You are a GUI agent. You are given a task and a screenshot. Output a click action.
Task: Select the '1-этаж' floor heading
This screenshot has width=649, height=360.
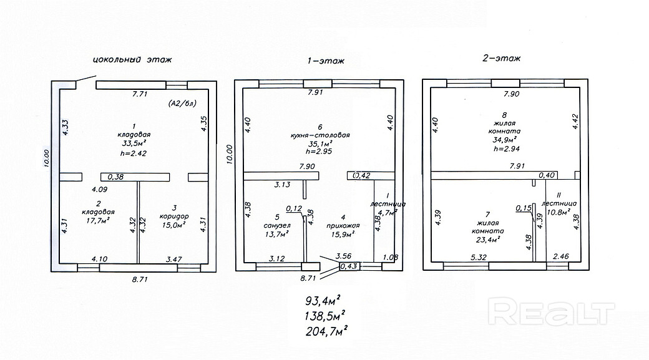324,61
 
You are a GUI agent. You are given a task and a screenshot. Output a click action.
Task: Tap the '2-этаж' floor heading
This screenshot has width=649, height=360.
502,58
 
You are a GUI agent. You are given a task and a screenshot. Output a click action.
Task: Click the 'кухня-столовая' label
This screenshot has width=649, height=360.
320,135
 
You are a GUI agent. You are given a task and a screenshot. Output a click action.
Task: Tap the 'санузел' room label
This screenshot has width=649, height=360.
275,226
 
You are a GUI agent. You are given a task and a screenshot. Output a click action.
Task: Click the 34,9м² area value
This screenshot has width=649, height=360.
505,140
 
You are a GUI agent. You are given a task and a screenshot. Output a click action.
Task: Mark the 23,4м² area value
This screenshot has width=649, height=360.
489,238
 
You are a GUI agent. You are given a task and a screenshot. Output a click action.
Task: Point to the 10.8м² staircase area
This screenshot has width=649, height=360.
558,212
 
